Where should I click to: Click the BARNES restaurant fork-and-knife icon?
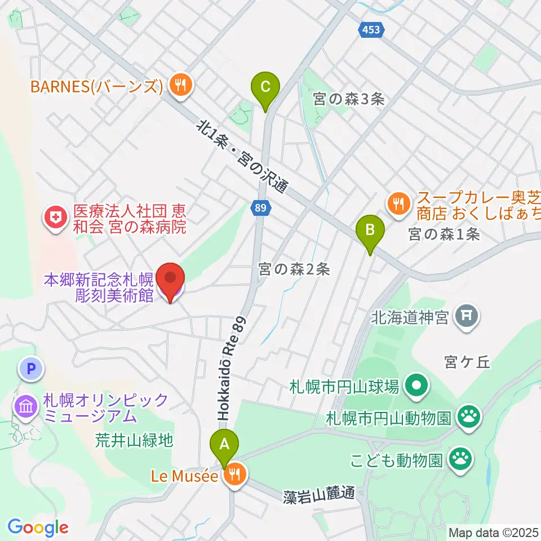[180, 86]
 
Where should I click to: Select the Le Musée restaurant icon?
[233, 476]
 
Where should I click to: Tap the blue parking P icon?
[31, 370]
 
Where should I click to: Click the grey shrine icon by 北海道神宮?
[468, 318]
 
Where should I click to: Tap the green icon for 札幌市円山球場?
[417, 387]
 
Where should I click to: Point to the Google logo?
[38, 527]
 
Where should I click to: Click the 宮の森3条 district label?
[349, 100]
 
